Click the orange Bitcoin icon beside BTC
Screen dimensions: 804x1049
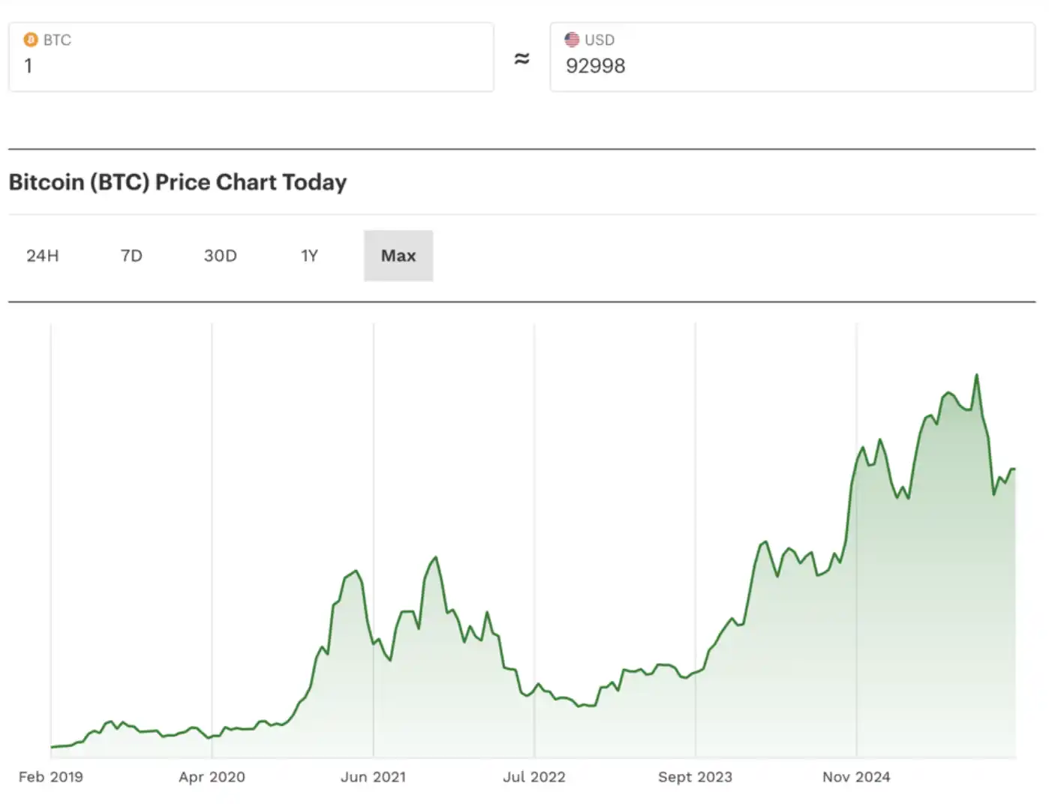(31, 40)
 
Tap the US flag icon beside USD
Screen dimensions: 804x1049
(572, 40)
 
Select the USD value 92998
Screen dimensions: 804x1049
(595, 66)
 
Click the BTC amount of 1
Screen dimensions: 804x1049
(29, 66)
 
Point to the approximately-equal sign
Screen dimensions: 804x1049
(521, 58)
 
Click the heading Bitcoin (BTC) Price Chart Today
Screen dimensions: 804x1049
(178, 182)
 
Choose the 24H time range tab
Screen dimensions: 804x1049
(43, 256)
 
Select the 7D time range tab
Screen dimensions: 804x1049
(131, 256)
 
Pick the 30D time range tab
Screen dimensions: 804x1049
(221, 256)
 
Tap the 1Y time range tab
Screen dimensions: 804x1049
(309, 256)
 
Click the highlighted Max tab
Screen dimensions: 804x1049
(398, 256)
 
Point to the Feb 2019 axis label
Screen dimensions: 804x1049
(51, 777)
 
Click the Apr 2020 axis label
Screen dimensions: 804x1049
(212, 777)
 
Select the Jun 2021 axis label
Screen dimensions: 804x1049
(373, 777)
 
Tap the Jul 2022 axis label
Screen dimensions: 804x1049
(534, 777)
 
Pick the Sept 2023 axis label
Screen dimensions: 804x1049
(695, 777)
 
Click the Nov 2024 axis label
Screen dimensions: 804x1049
(856, 777)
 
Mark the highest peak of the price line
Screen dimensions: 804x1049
(976, 375)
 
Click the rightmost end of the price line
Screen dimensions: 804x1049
(1014, 469)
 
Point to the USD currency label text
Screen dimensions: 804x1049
(600, 40)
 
